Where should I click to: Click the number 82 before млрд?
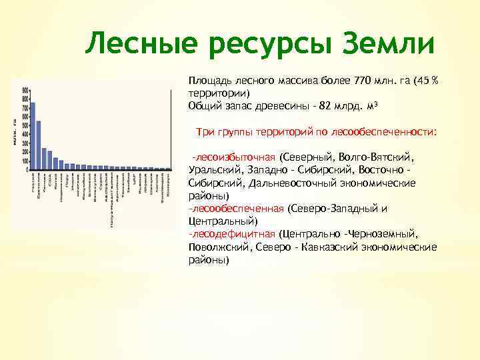tap(325, 105)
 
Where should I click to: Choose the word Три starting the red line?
tap(205, 132)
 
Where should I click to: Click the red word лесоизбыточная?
tap(234, 157)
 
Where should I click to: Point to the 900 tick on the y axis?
tap(25, 90)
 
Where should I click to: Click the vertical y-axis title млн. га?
tap(15, 130)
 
